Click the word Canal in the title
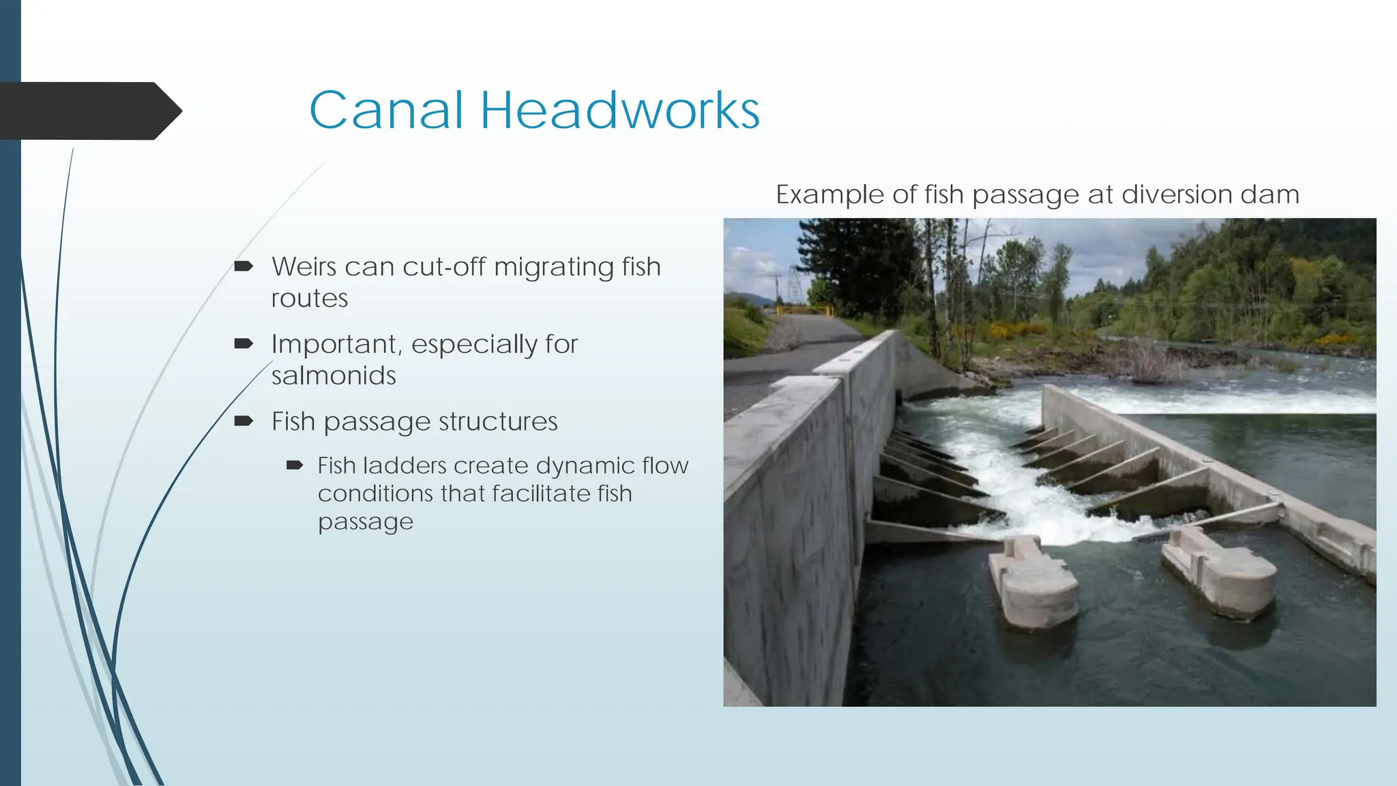386,110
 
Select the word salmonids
334,376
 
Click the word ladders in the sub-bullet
405,466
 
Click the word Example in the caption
829,195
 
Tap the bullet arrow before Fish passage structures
244,421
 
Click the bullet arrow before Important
244,343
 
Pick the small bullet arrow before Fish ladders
294,465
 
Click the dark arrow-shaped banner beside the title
89,111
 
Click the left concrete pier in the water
1033,580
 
